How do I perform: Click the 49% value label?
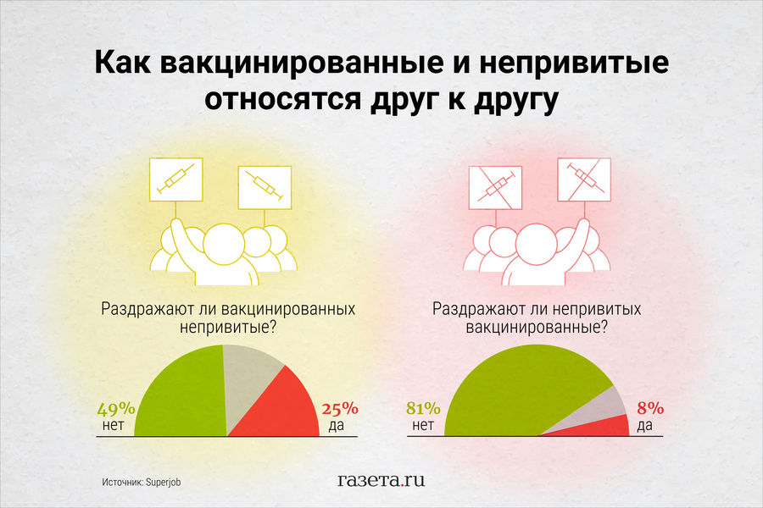(116, 409)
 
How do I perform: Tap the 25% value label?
(340, 409)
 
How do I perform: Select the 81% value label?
(423, 408)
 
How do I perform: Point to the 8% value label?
(650, 408)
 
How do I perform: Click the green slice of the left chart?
(180, 394)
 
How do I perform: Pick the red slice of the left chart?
(282, 408)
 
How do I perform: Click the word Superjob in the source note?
(163, 483)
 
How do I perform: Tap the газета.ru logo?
(381, 480)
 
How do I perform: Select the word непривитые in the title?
(574, 63)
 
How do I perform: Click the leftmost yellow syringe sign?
(176, 179)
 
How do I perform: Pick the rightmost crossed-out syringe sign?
(584, 179)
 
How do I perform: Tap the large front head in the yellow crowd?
(223, 244)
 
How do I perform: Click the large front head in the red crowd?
(537, 244)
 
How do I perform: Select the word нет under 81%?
(423, 425)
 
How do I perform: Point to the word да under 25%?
(337, 425)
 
